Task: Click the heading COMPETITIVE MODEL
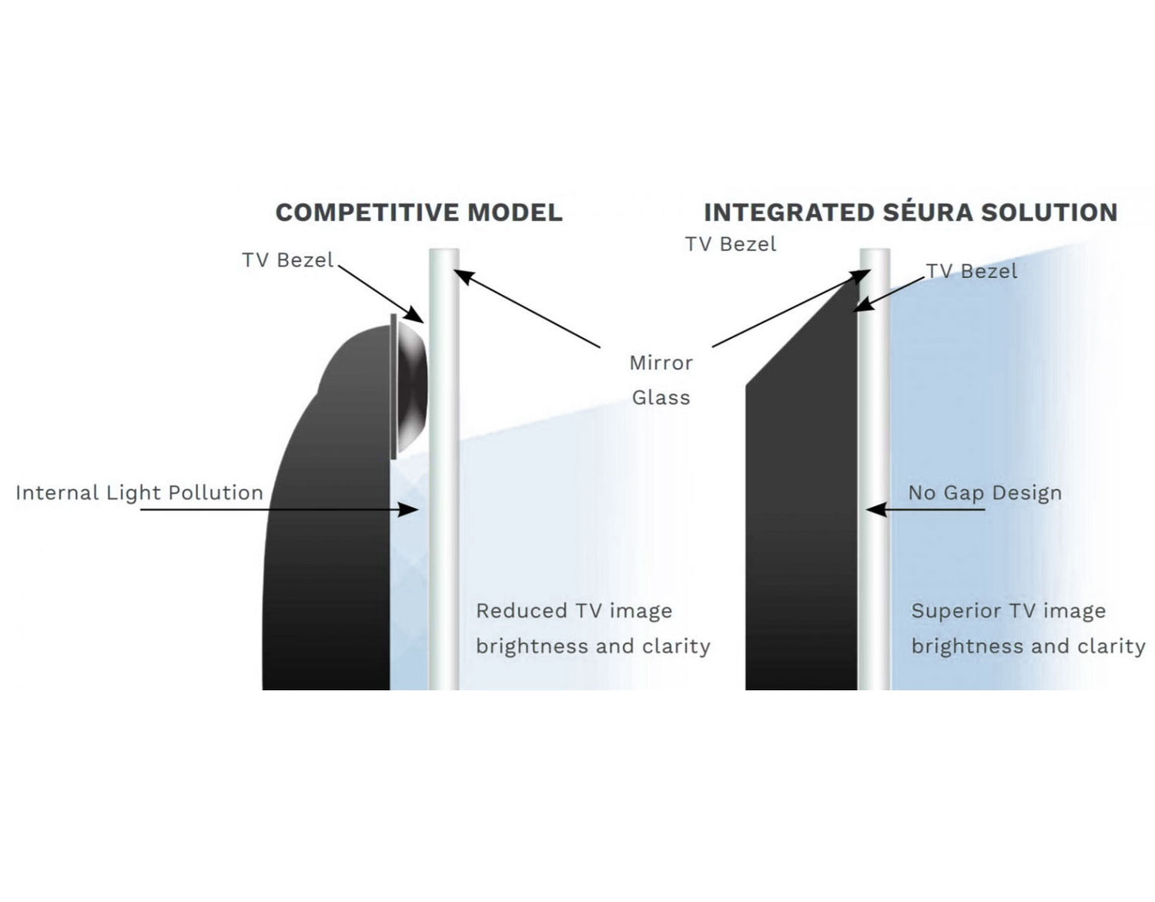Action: (x=419, y=213)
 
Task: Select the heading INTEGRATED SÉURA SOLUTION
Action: (x=910, y=213)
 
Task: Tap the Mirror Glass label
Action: (x=661, y=380)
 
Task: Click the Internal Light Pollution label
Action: (x=139, y=493)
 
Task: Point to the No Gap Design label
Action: (x=984, y=493)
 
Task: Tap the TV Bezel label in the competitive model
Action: (x=287, y=260)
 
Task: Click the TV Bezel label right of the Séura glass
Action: (x=972, y=271)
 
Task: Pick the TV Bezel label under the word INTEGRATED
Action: (x=731, y=244)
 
